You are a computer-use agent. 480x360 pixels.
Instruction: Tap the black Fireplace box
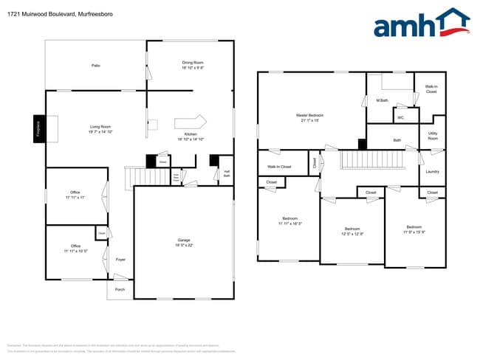tap(38, 128)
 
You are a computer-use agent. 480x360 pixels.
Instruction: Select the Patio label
tap(96, 66)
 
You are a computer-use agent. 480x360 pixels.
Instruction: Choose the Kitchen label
tap(191, 136)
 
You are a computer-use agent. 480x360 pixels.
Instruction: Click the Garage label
tap(184, 243)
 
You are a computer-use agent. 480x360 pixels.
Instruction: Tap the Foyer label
tap(120, 260)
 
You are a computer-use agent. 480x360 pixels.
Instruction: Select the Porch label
tap(120, 290)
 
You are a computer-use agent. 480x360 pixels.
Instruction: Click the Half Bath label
tap(227, 175)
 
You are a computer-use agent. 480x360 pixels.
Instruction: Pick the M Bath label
tap(383, 100)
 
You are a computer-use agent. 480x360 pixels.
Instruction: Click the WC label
tap(400, 117)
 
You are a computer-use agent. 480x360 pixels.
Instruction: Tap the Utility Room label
tap(433, 136)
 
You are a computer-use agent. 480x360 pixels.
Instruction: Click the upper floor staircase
tap(373, 159)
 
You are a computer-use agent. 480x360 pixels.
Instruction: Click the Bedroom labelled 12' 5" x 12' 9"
tap(352, 232)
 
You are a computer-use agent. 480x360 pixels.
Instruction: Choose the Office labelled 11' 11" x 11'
tap(75, 195)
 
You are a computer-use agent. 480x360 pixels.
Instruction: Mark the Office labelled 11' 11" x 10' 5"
tap(75, 249)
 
